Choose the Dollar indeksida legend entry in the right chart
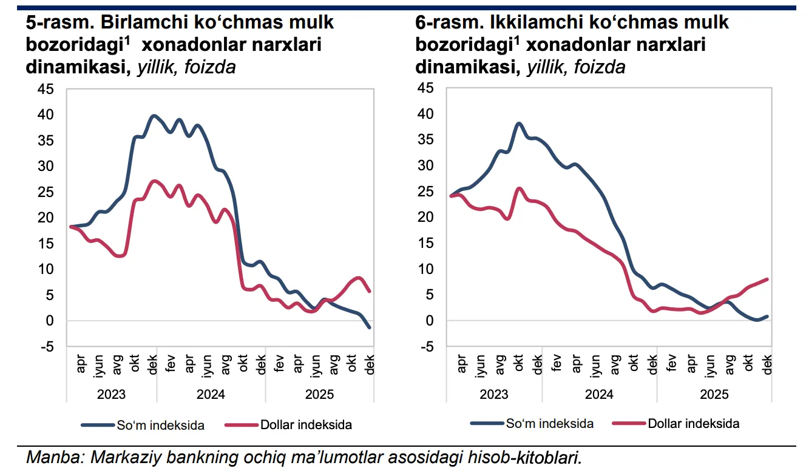pyautogui.click(x=694, y=423)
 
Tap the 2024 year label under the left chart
pyautogui.click(x=211, y=394)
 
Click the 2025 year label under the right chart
pyautogui.click(x=714, y=394)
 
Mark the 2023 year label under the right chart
pyautogui.click(x=494, y=394)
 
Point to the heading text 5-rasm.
pyautogui.click(x=59, y=22)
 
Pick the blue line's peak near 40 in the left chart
pyautogui.click(x=154, y=115)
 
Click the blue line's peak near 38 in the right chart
pyautogui.click(x=519, y=123)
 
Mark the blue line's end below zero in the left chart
pyautogui.click(x=369, y=327)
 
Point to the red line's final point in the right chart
pyautogui.click(x=767, y=279)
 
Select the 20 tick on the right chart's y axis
pyautogui.click(x=427, y=217)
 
